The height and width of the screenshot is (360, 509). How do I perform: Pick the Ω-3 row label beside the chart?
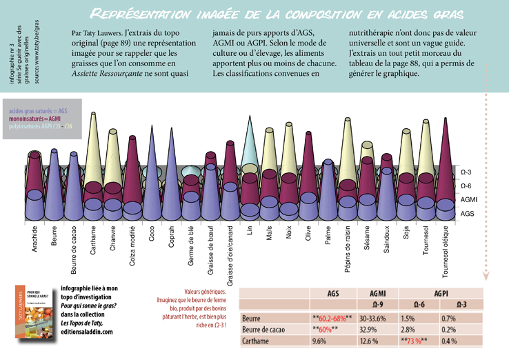[466, 172]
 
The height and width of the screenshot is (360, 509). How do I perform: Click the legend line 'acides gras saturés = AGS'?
[38, 110]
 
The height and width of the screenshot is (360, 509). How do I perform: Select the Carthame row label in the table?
[257, 341]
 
